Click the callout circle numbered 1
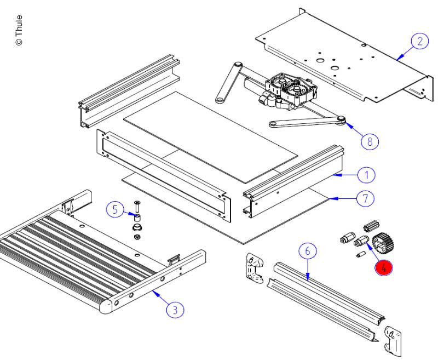tap(366, 175)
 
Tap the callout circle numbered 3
tap(175, 310)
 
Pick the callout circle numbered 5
tap(114, 209)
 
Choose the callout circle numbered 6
tap(307, 251)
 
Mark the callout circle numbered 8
tap(370, 141)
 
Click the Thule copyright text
tap(19, 30)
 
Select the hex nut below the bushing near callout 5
tap(137, 237)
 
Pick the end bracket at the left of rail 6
tap(252, 268)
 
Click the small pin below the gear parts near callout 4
tap(361, 255)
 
